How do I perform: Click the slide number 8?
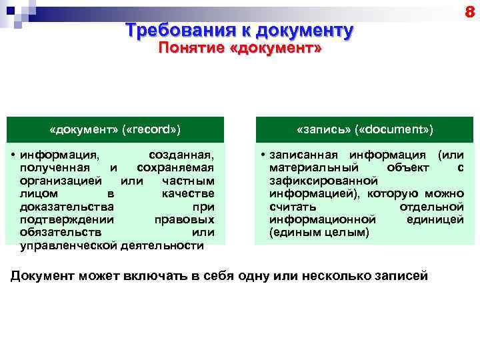coord(469,12)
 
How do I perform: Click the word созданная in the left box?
coord(181,155)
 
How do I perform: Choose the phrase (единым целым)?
coord(319,233)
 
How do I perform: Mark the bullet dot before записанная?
coord(263,155)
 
